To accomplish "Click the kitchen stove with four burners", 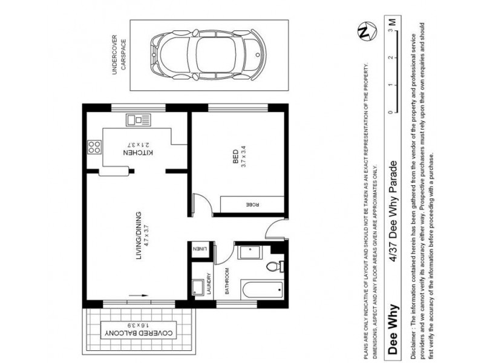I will (94, 146).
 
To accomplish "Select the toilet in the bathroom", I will (273, 264).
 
